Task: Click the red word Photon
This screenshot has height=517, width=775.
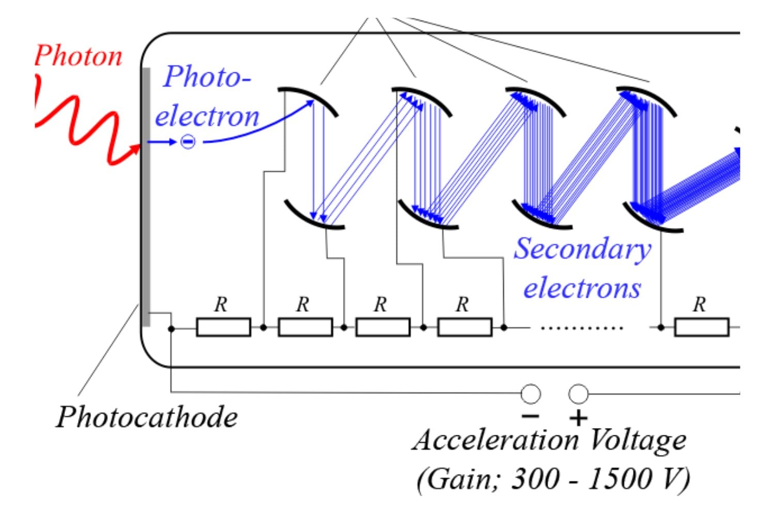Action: pos(79,56)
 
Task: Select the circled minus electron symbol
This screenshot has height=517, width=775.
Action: pos(188,142)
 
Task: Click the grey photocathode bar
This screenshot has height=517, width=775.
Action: pos(146,196)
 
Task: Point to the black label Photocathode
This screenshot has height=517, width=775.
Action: pos(147,417)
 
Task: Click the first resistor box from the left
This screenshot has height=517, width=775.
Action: pos(224,327)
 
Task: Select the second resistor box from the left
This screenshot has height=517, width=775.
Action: pos(305,327)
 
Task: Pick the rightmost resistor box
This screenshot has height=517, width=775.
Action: pos(702,327)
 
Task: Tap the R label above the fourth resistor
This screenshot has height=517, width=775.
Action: pos(462,305)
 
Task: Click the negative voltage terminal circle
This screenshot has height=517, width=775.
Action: pos(531,394)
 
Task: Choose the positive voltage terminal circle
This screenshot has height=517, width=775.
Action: pos(579,394)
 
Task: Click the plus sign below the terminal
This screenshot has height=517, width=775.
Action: pos(579,418)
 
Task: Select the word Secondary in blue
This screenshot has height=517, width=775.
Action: pos(583,249)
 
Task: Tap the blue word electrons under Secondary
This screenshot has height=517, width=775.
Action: pos(583,288)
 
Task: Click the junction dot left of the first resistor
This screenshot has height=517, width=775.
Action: pos(171,329)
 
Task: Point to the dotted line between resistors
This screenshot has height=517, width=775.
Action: pos(582,328)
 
